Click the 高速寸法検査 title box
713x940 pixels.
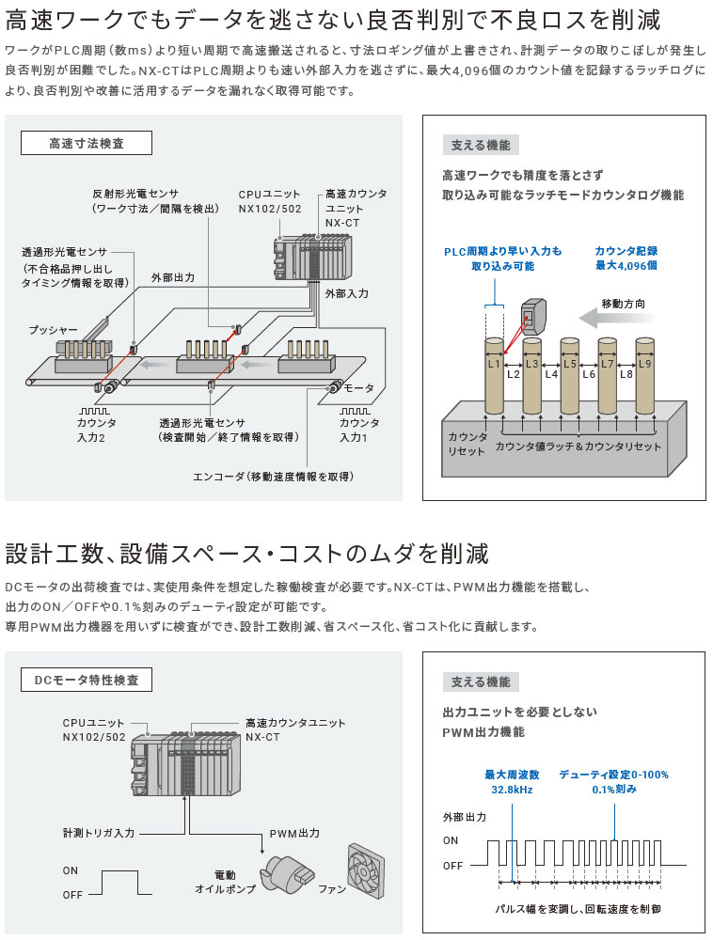pos(87,144)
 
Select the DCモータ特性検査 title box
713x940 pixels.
pos(87,680)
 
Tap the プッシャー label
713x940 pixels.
pos(53,331)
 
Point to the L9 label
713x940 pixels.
pos(644,363)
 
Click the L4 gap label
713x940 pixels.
pos(551,374)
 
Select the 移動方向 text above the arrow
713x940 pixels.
pos(623,304)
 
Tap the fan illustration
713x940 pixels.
pos(368,864)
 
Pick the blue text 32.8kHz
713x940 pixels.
pos(512,790)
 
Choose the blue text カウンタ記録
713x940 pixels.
pos(626,251)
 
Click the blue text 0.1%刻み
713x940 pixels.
pos(614,790)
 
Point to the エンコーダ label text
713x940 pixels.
pos(273,477)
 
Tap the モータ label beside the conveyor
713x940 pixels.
pos(359,388)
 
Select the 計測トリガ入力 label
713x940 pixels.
pos(99,834)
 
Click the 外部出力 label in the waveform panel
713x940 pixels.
pos(465,817)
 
